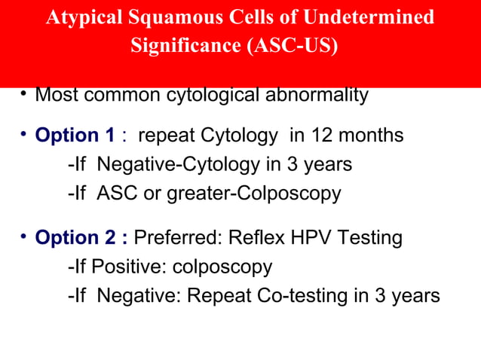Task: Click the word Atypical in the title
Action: [79, 17]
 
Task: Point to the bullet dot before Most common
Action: [24, 94]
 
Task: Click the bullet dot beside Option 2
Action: [24, 237]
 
